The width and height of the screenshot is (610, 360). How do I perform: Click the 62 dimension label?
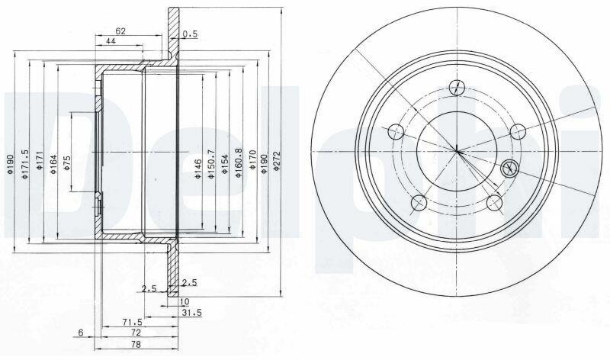(120, 31)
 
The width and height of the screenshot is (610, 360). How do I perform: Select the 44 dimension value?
(111, 41)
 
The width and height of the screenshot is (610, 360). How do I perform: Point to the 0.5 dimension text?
(190, 34)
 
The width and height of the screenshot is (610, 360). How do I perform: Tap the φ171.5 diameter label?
(25, 164)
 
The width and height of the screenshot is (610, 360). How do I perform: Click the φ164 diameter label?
(53, 164)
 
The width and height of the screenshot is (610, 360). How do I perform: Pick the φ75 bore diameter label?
(66, 162)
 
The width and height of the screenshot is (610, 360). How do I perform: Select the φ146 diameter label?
(198, 169)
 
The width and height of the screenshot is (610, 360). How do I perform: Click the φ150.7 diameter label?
(211, 164)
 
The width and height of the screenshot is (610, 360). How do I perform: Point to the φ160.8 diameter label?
(239, 163)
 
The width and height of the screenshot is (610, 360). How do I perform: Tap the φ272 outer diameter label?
(277, 160)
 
